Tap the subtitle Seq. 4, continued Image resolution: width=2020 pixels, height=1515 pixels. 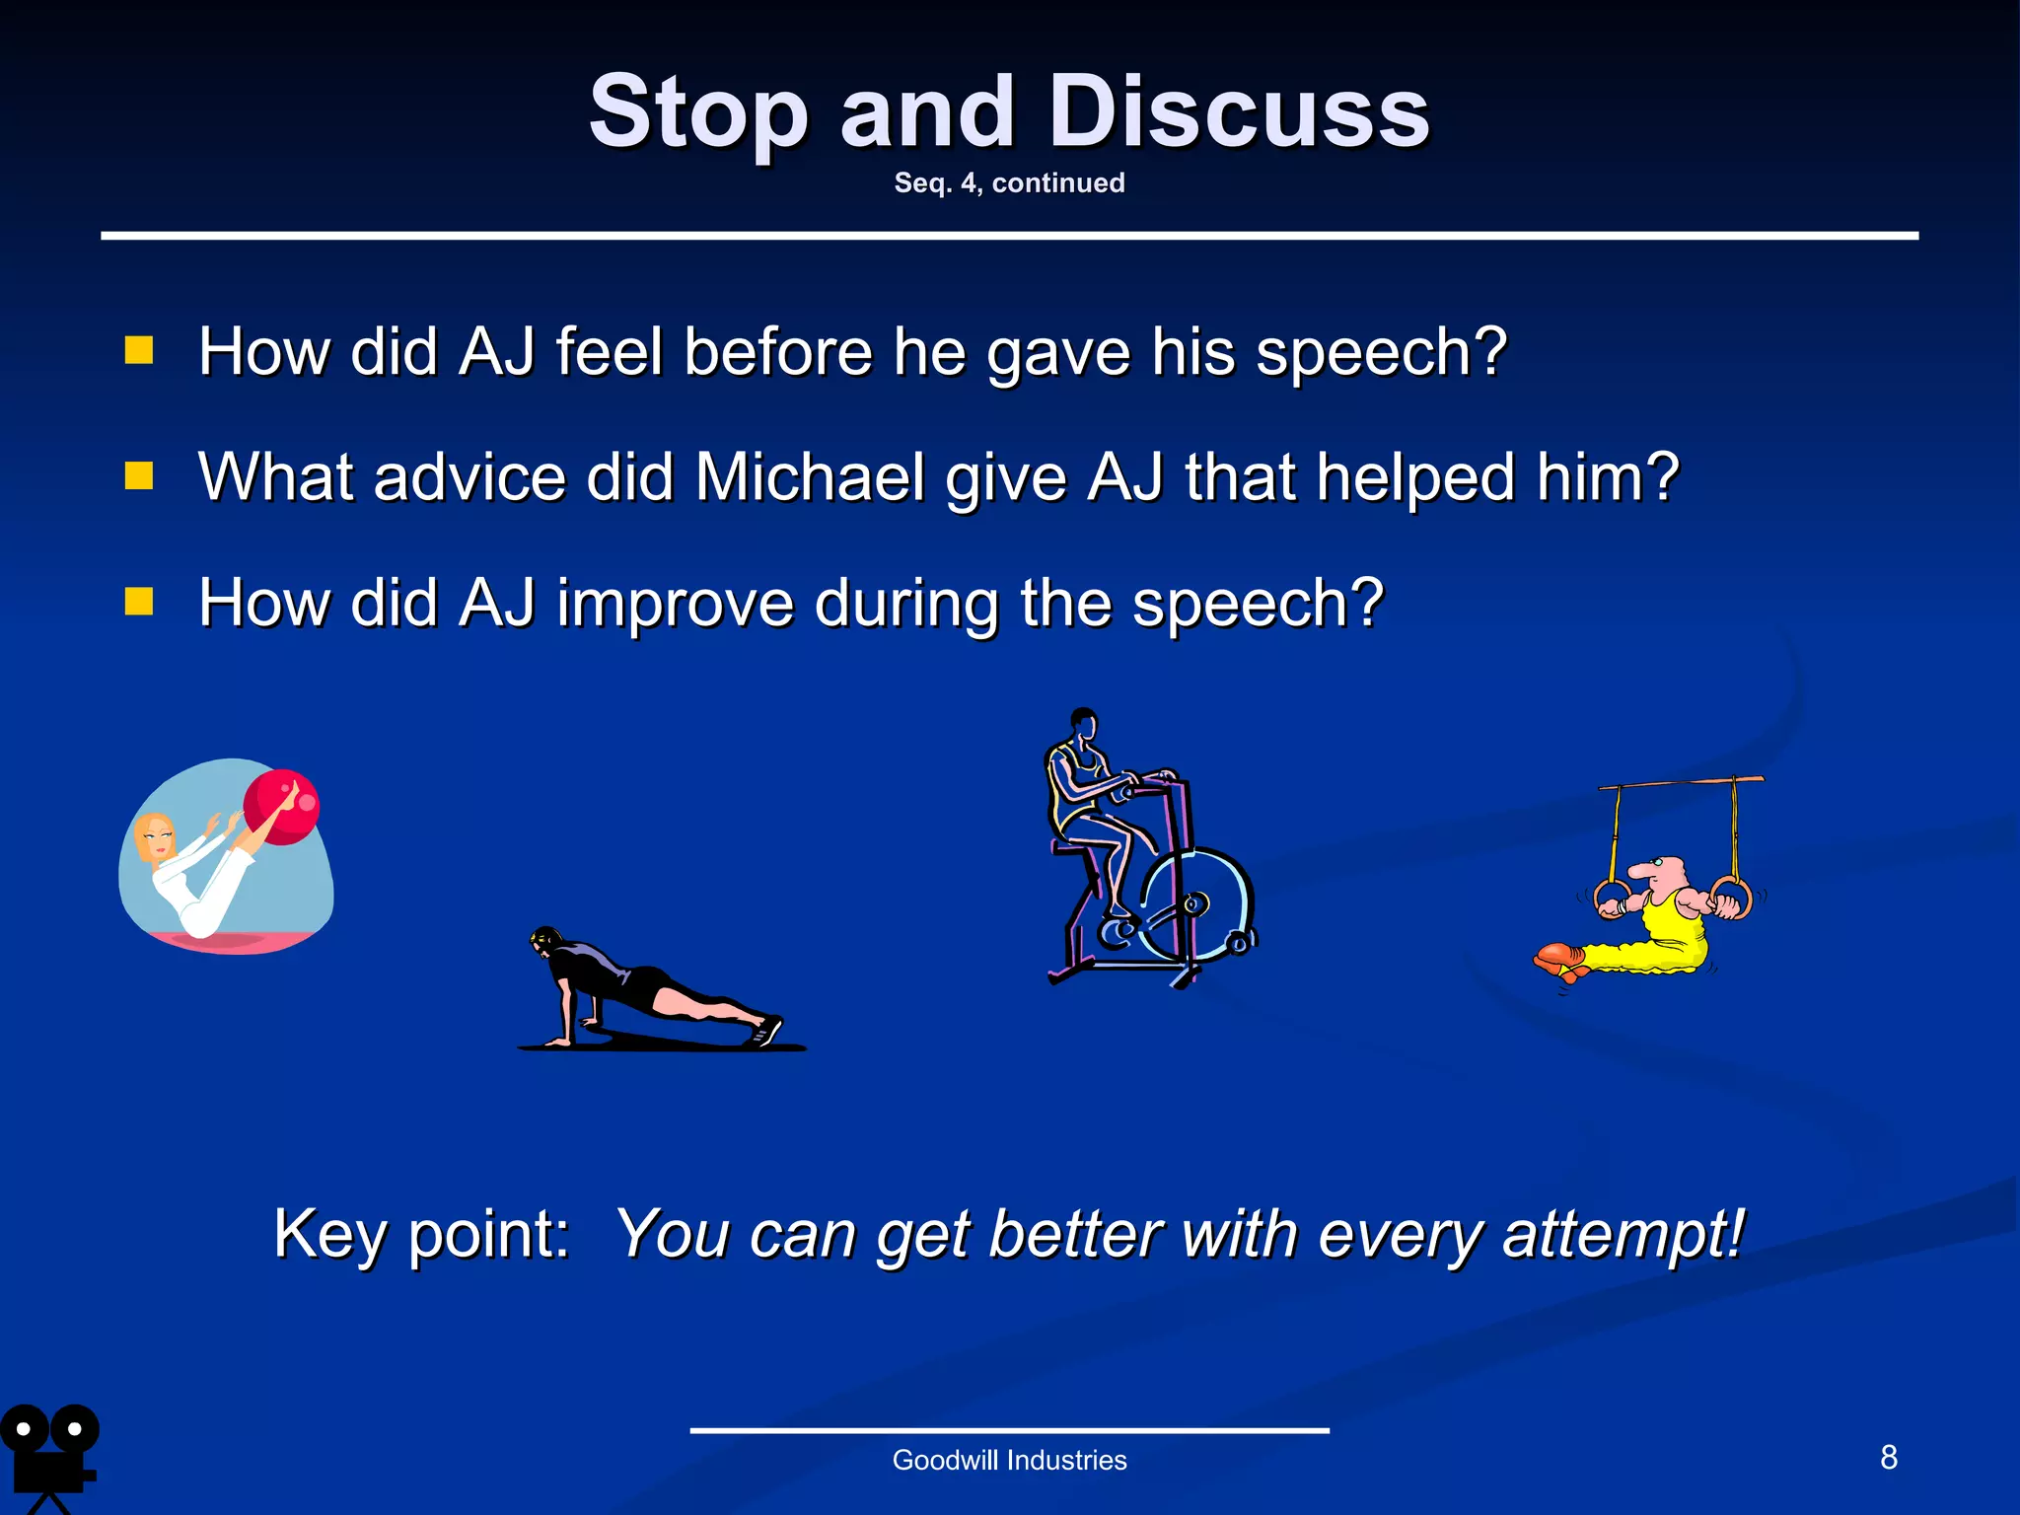(x=1009, y=182)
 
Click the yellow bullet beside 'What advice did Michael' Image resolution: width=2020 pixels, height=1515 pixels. (x=139, y=476)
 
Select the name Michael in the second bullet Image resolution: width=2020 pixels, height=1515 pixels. (x=810, y=477)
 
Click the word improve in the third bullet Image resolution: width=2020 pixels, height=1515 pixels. (x=675, y=604)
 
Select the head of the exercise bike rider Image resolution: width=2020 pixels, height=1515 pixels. (x=1084, y=723)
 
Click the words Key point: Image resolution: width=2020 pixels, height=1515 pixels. (x=422, y=1233)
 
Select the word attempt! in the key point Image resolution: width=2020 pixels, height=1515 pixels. (x=1623, y=1233)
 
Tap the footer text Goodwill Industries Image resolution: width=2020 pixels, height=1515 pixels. (x=1009, y=1460)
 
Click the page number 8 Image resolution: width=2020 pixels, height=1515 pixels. (x=1888, y=1457)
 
